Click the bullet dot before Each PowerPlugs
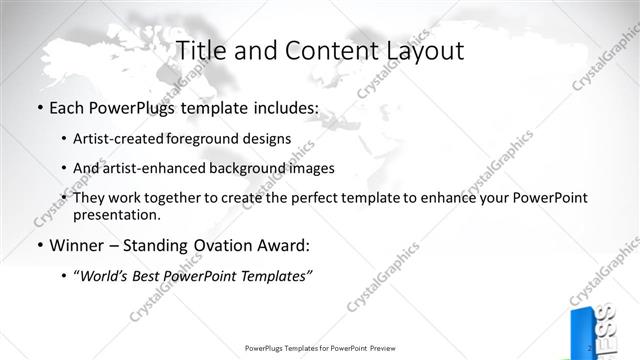tap(39, 106)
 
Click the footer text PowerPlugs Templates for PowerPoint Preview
tap(319, 348)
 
